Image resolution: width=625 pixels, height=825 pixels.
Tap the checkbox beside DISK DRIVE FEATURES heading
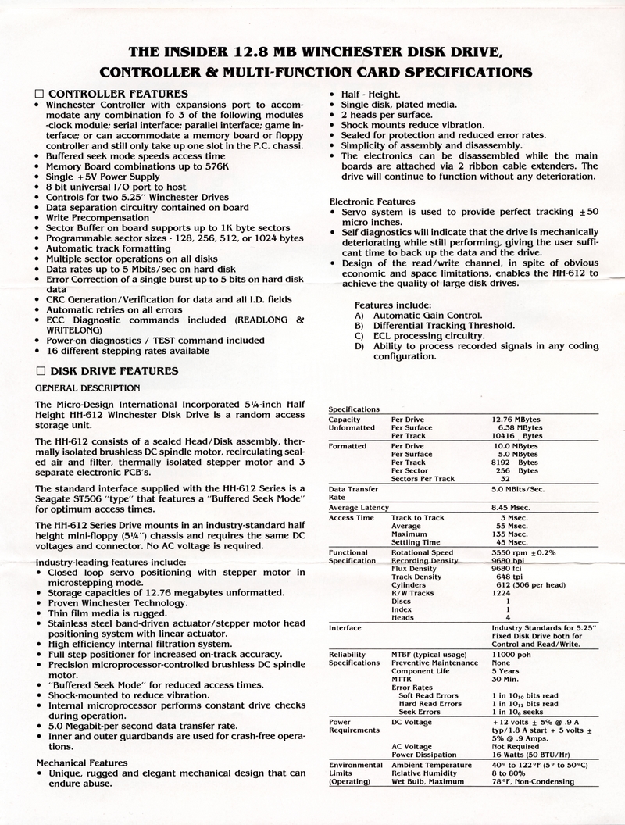coord(40,371)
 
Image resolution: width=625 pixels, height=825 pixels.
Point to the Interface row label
coord(345,627)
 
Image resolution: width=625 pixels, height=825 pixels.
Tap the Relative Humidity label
coord(425,773)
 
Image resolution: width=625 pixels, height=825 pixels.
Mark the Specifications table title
coord(354,409)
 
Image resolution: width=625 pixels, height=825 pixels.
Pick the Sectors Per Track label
coord(423,479)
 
